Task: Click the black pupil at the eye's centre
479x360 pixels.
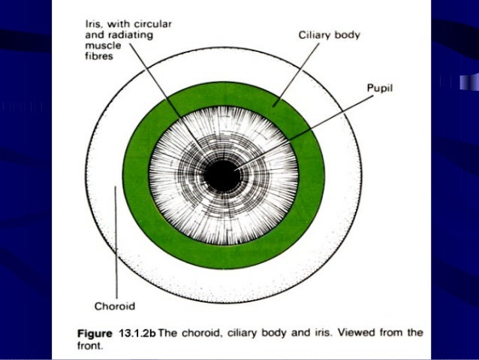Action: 222,176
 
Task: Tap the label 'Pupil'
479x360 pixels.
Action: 381,88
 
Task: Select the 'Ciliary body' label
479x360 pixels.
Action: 329,35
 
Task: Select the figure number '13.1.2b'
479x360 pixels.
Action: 138,332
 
